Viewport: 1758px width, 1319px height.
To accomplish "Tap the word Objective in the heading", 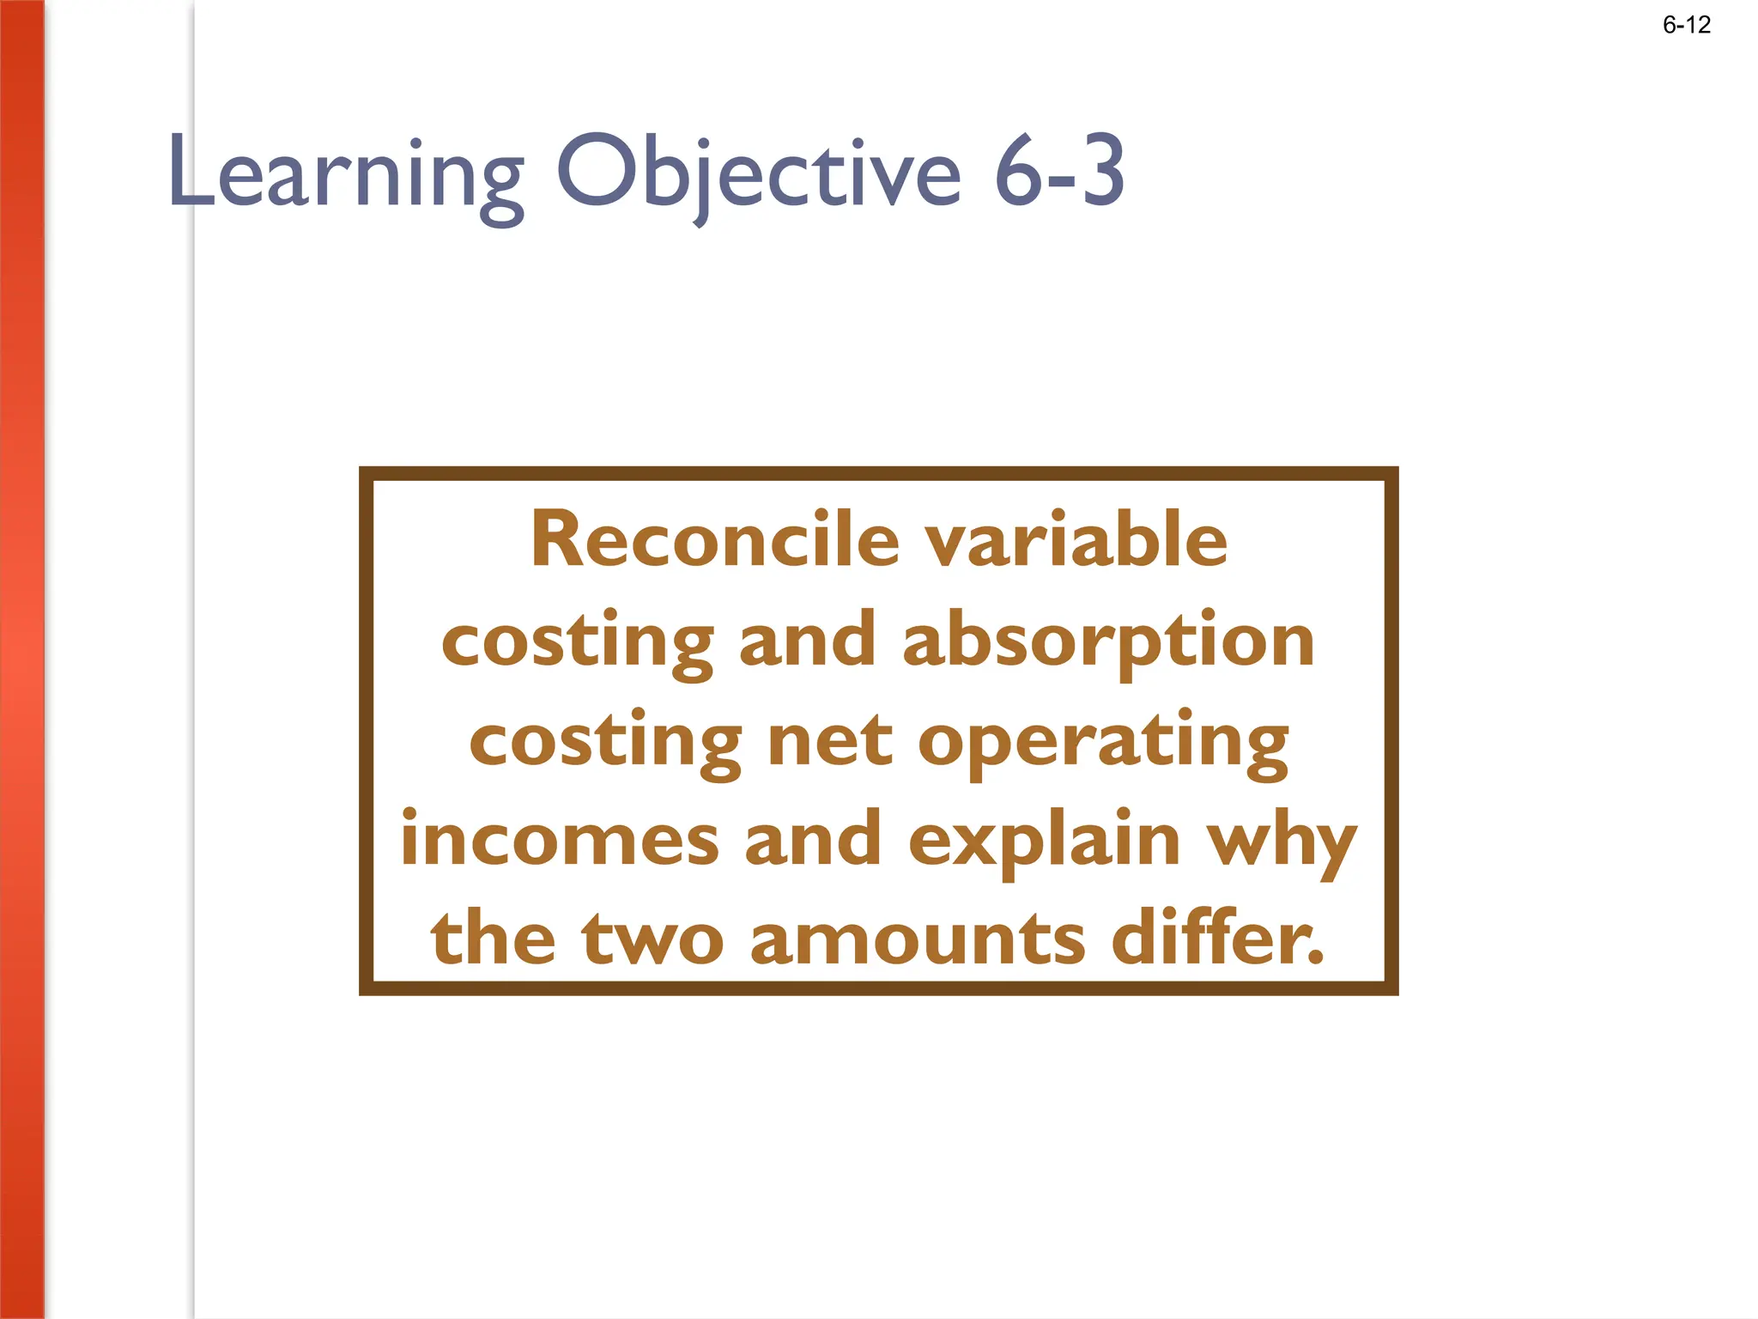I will (759, 172).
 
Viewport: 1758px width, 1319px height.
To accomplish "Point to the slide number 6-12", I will (1686, 25).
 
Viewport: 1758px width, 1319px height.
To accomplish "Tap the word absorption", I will (1108, 642).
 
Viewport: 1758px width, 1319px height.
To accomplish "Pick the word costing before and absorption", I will (577, 642).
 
